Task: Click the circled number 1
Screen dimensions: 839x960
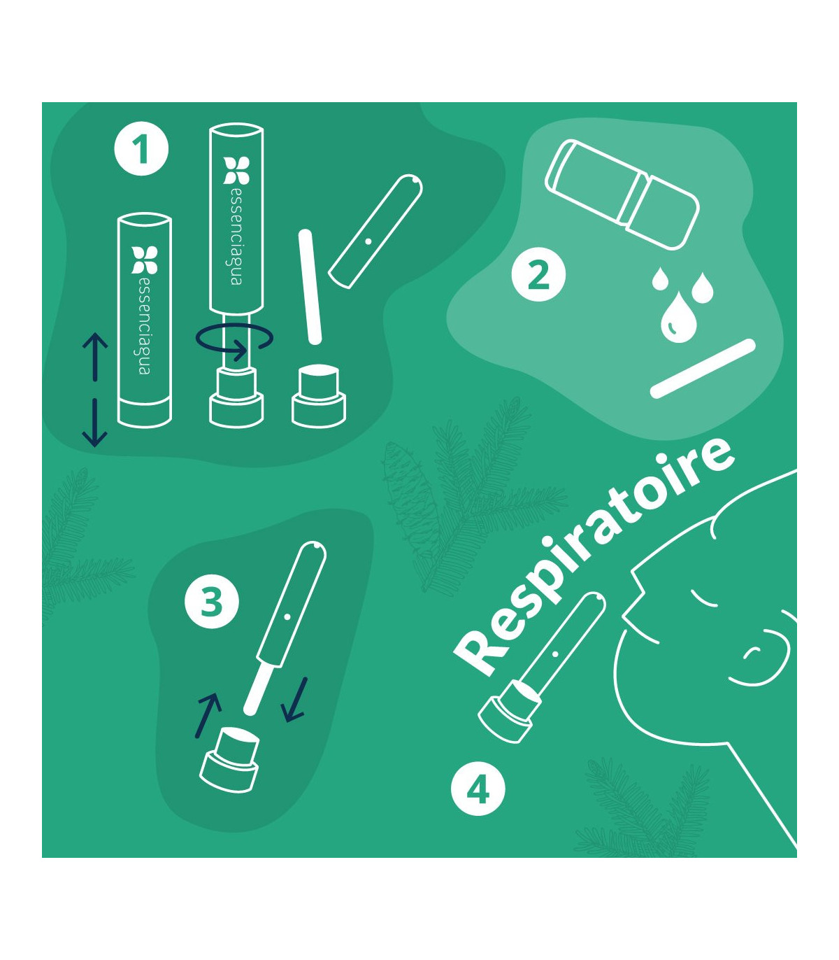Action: (141, 149)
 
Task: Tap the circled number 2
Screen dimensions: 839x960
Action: (538, 274)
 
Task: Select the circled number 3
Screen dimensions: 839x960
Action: (212, 602)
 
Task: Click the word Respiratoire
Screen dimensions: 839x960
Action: (593, 558)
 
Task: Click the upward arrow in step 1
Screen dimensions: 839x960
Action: (95, 357)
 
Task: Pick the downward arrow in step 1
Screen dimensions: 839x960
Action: (95, 423)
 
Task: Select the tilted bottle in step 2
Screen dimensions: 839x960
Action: (622, 195)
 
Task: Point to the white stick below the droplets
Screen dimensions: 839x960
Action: (703, 369)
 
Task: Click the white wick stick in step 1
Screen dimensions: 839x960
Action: (310, 287)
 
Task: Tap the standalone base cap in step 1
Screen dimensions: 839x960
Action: (319, 397)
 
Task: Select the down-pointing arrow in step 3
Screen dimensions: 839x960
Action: (295, 699)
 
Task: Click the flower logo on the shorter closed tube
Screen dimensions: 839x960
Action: (144, 260)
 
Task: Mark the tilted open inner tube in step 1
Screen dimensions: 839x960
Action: (375, 232)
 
